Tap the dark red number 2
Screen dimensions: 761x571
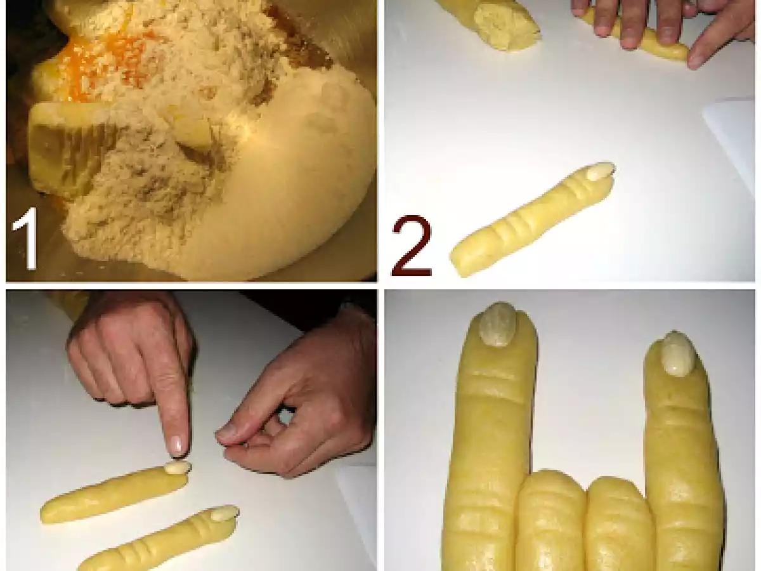[412, 246]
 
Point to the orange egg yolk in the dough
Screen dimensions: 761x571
[104, 62]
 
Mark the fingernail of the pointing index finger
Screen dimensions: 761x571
[178, 445]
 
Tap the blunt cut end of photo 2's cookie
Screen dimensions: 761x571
[459, 264]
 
